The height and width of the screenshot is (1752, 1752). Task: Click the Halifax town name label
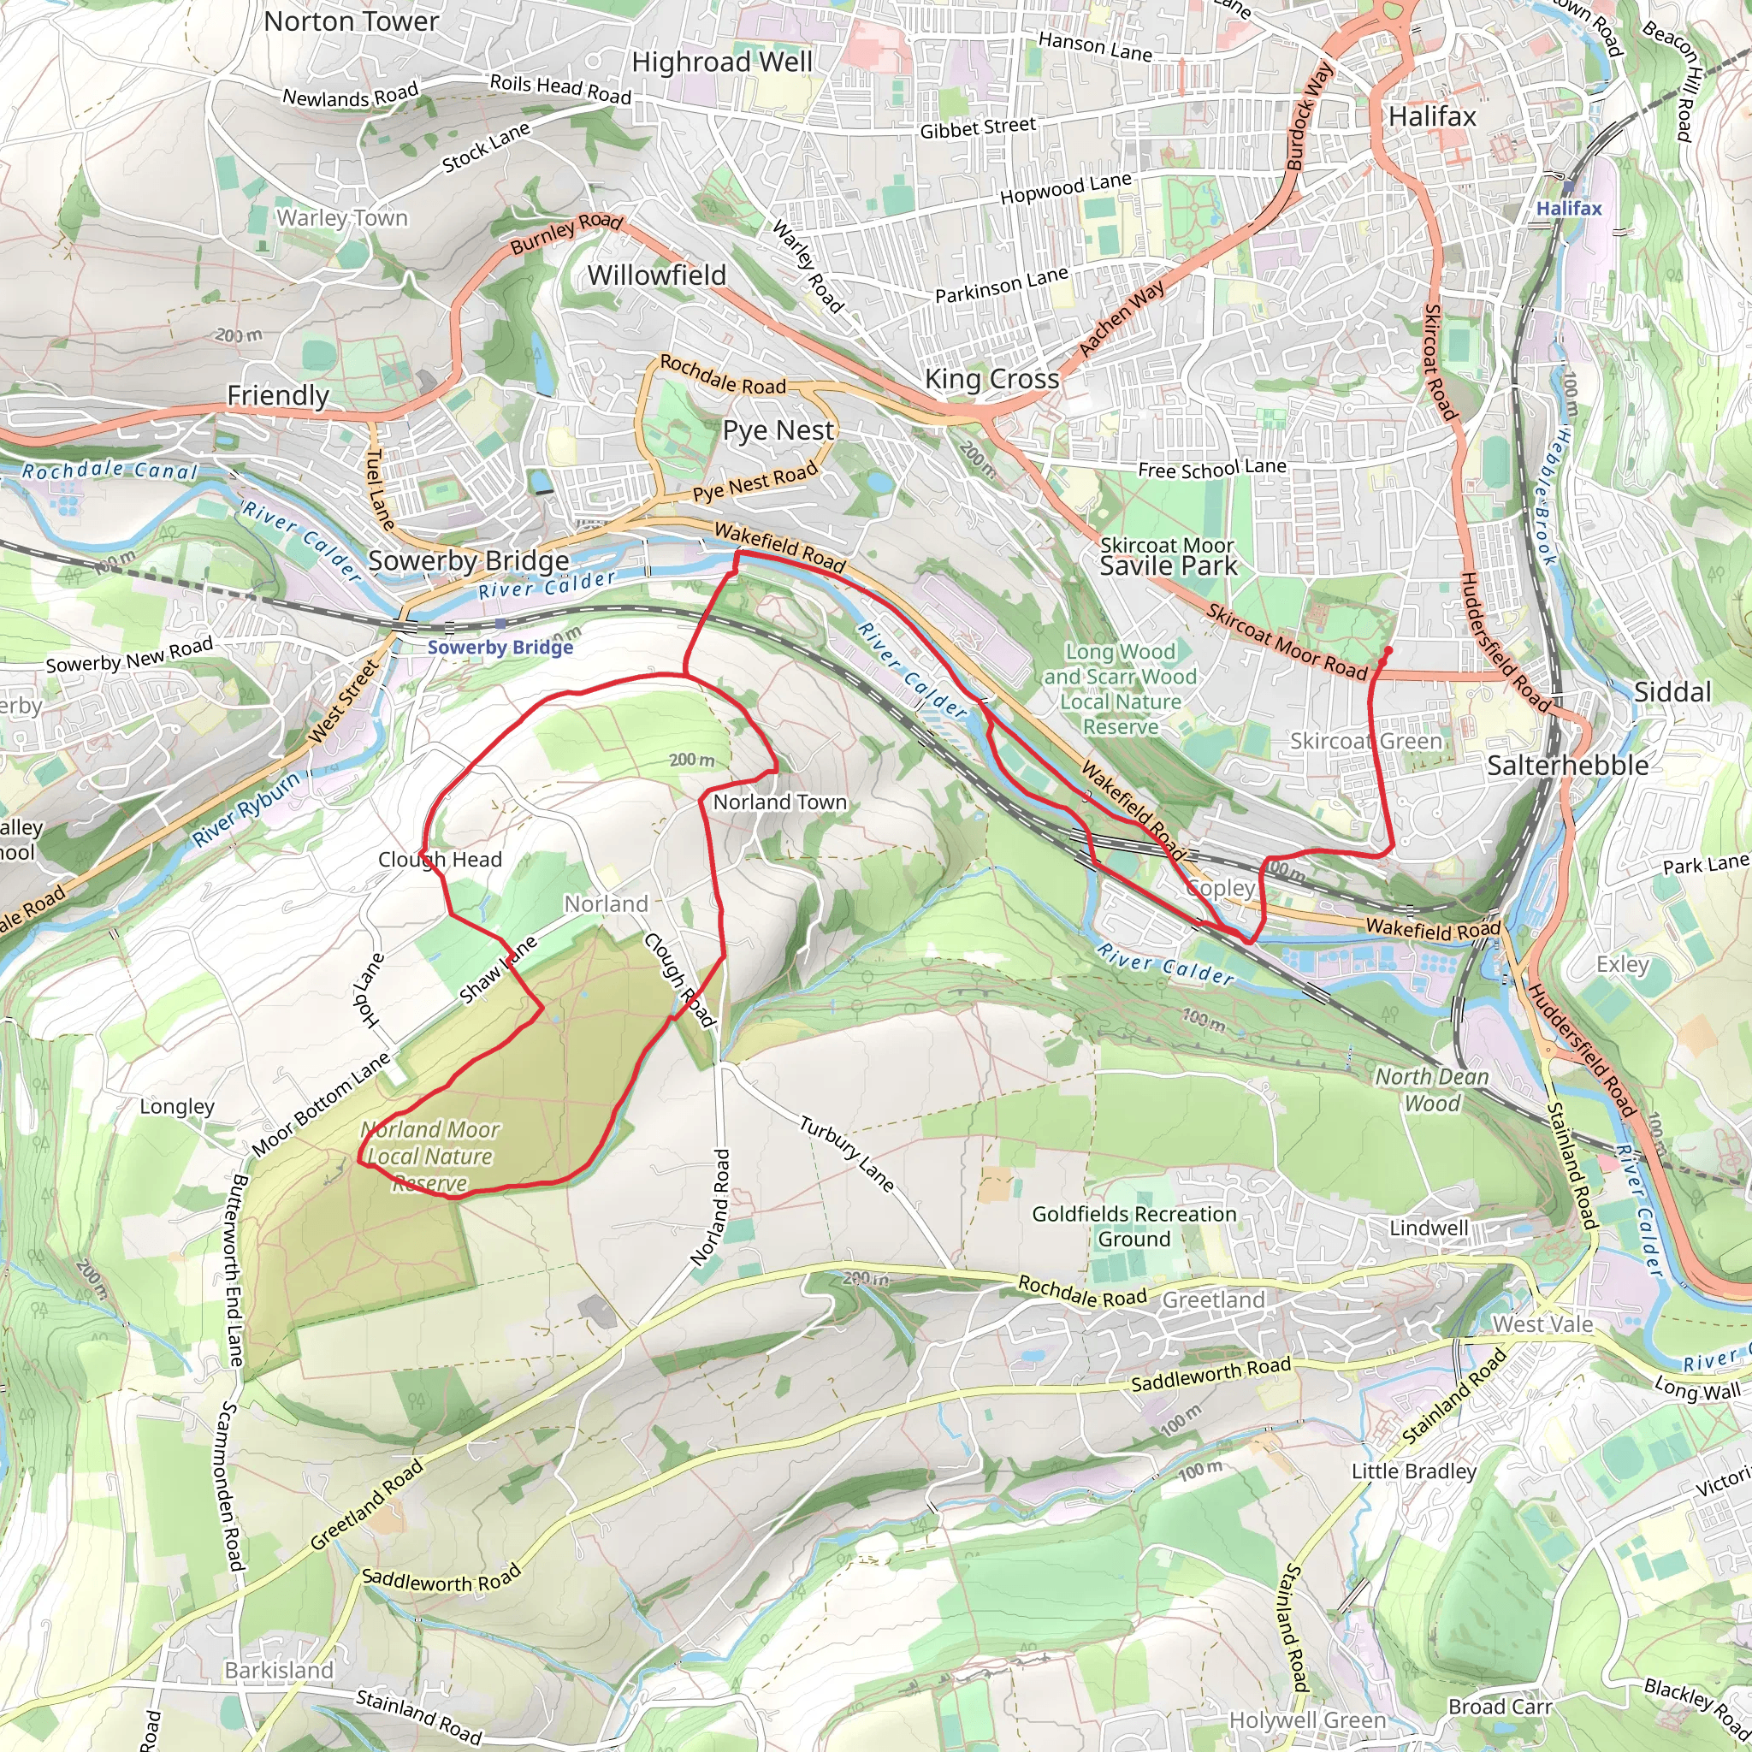pos(1432,116)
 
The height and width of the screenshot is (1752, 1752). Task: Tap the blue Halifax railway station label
pos(1568,209)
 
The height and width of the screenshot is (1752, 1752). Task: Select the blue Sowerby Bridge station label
pos(500,647)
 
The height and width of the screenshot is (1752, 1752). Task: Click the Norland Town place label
pos(779,802)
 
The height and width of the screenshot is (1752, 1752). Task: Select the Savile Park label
pos(1167,567)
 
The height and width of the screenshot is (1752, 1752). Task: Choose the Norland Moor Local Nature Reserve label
pos(429,1157)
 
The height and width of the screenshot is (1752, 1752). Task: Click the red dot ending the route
pos(1388,650)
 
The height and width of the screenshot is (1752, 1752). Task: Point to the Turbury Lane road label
pos(846,1153)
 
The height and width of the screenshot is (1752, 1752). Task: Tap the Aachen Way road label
pos(1121,318)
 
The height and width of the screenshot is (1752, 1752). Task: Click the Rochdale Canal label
pos(109,470)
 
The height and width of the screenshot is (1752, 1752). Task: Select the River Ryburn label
pos(246,809)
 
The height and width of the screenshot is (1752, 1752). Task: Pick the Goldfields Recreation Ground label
pos(1133,1226)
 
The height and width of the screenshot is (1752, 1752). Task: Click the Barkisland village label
pos(279,1670)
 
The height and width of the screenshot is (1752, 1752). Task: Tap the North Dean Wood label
pos(1432,1089)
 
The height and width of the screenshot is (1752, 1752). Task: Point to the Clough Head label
pos(440,859)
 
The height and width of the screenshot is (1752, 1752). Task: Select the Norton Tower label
pos(351,21)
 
